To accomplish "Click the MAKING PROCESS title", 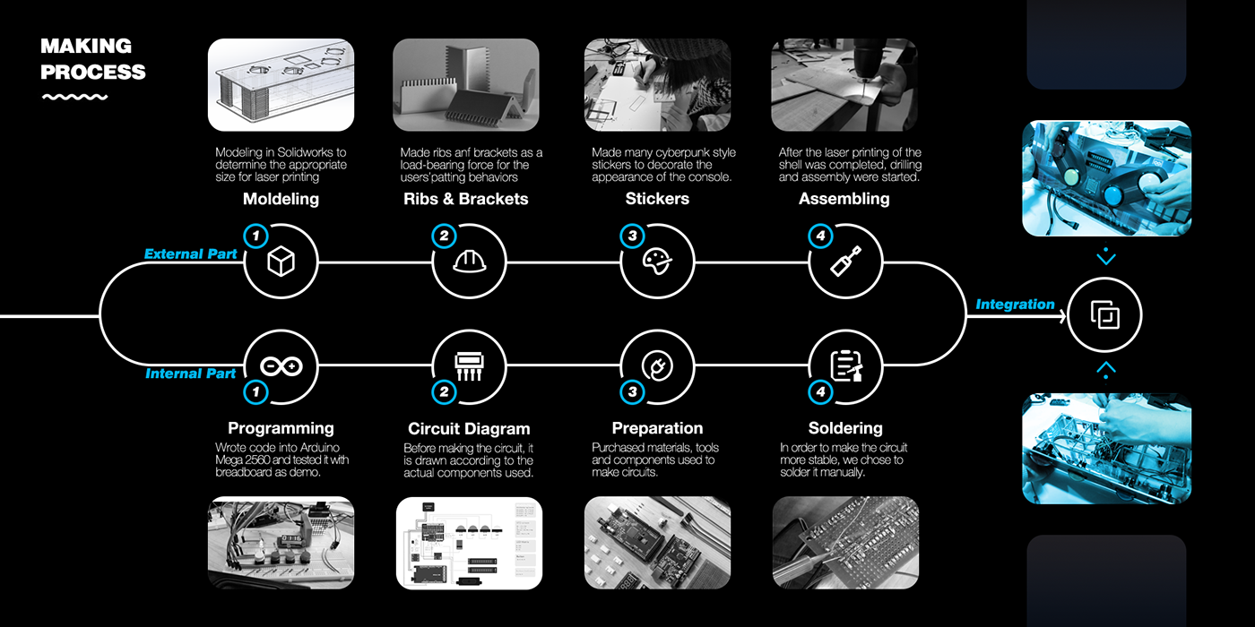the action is point(93,59).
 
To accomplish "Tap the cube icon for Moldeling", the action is point(281,261).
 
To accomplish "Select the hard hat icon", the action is point(470,261).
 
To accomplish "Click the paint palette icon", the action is point(657,261).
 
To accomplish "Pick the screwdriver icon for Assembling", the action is point(845,261).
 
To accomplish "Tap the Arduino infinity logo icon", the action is point(281,366).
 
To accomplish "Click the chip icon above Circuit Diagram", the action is point(470,366).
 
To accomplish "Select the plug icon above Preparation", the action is point(657,366).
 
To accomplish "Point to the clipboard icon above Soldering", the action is point(846,366).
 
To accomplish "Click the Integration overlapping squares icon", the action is point(1104,314).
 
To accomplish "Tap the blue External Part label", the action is point(190,254).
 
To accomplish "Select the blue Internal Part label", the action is point(190,374).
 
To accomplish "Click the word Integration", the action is point(1015,305).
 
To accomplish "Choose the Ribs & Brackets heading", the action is point(465,199).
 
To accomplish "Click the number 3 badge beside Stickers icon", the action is point(633,236).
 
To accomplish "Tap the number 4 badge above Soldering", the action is point(821,392).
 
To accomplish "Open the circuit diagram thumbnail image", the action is point(469,543).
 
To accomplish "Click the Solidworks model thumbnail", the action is point(281,85).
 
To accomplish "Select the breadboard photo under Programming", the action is point(281,543).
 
